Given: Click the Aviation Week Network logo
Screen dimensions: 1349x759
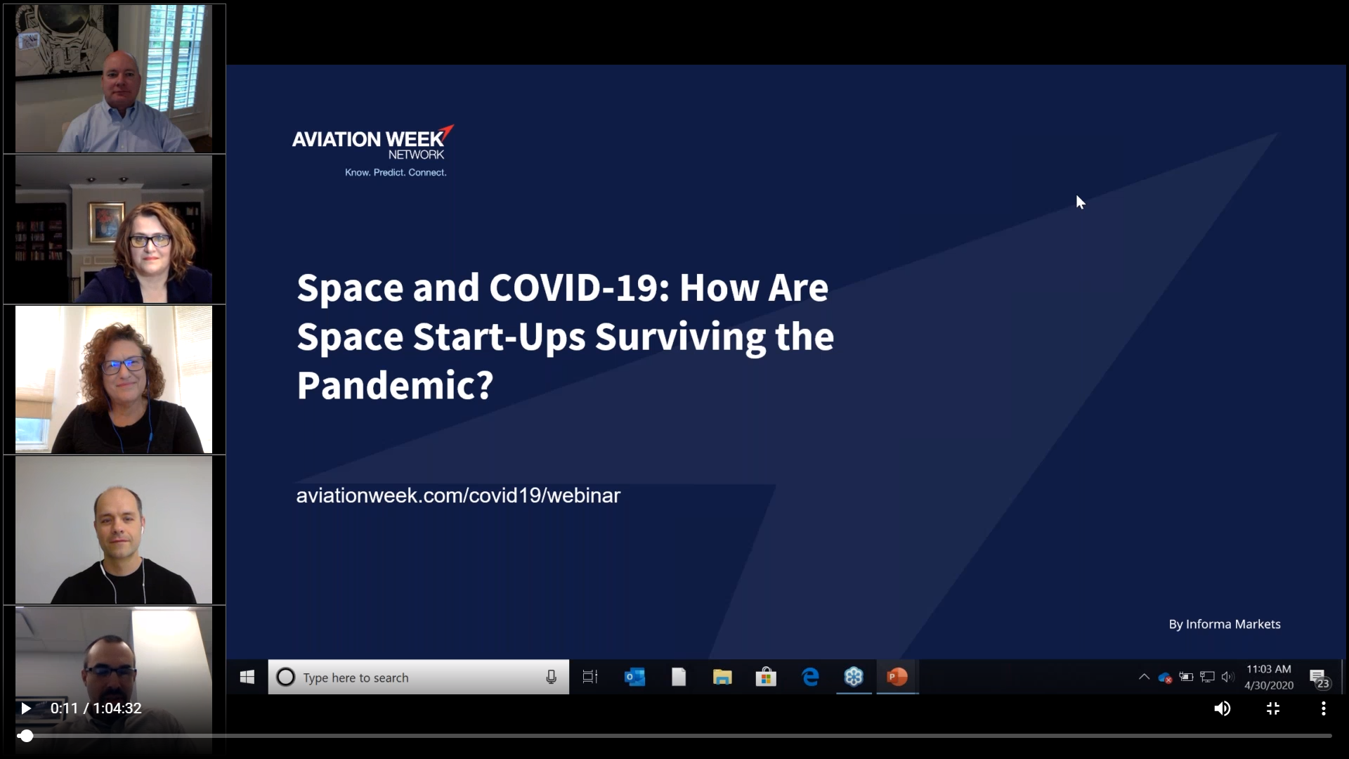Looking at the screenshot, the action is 372,150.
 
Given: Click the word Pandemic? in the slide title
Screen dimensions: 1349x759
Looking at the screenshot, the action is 395,385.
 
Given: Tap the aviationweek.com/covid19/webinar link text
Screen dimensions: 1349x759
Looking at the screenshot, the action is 458,495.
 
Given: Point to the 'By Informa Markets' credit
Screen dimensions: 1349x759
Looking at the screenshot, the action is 1225,624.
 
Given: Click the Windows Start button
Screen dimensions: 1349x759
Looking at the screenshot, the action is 247,677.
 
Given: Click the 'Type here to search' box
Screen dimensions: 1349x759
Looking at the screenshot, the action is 418,677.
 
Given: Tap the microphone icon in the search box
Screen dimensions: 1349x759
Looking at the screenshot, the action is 552,677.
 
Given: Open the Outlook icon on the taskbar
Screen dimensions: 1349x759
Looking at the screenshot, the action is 634,677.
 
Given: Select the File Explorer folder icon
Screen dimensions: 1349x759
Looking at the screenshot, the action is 722,677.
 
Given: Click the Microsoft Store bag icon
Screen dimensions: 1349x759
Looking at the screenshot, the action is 766,677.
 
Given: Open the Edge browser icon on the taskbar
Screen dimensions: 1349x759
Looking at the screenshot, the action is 810,677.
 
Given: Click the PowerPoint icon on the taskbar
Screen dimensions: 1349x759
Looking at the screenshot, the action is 897,677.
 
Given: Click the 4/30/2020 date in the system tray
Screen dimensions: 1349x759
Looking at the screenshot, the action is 1269,685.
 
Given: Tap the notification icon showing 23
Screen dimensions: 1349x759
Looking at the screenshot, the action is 1319,679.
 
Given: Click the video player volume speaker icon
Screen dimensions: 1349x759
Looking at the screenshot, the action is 1223,708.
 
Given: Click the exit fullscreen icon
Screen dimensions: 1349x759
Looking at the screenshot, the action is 1273,708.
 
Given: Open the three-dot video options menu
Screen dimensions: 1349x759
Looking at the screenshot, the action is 1324,708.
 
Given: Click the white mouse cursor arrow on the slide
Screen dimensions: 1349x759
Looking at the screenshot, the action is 1080,202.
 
